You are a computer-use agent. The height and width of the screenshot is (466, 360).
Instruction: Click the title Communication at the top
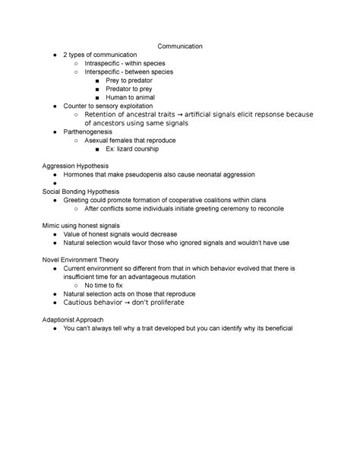click(x=180, y=46)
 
